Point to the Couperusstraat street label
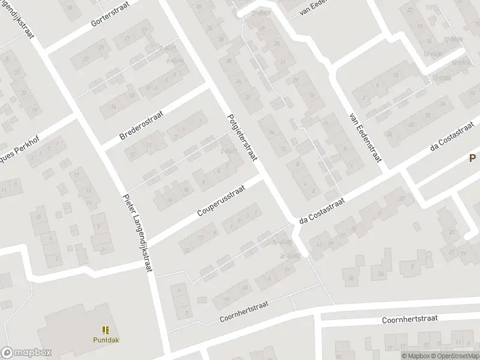click(x=221, y=200)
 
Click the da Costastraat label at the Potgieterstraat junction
click(x=322, y=210)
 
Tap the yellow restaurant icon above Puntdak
click(x=105, y=329)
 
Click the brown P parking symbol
click(x=472, y=158)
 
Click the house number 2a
click(x=381, y=274)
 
